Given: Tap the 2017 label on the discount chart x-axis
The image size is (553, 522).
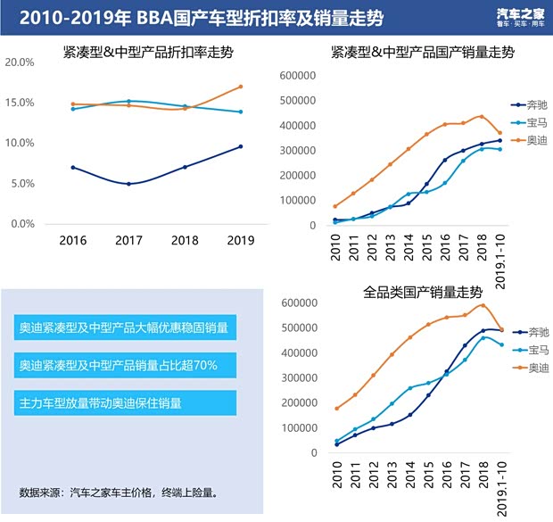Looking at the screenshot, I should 128,240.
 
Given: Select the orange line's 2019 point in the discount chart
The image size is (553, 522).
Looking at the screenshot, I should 241,87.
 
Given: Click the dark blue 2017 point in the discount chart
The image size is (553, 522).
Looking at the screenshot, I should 128,184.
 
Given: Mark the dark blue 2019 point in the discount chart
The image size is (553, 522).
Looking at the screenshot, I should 241,146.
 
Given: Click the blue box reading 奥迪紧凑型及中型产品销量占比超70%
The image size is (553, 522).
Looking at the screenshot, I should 125,366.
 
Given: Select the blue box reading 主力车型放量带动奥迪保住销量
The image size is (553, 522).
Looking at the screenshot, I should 125,402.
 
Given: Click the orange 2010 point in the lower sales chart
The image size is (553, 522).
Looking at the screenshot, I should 336,409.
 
